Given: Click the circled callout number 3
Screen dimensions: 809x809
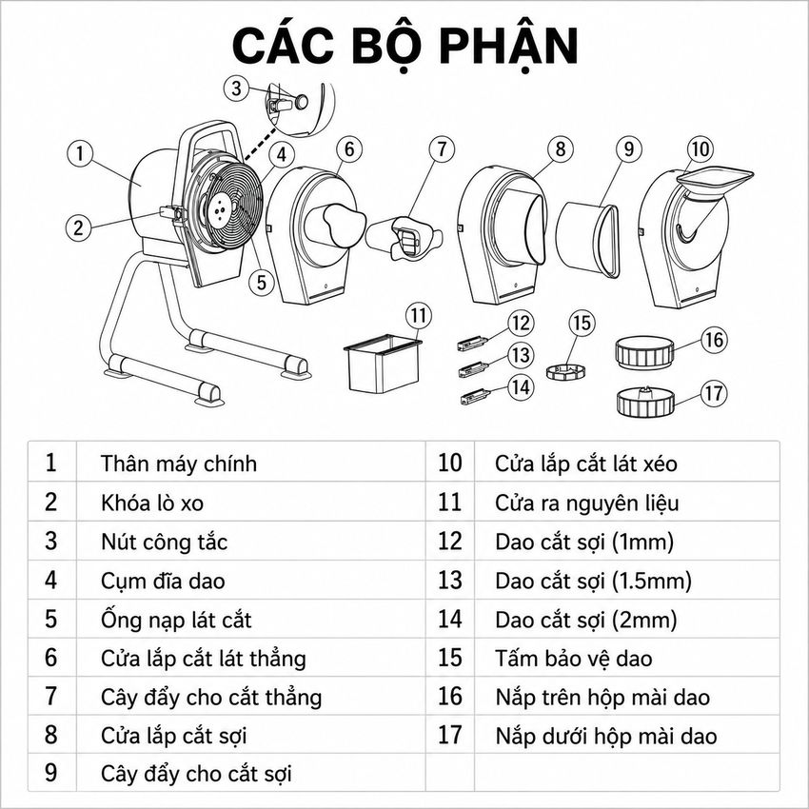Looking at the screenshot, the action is tap(236, 88).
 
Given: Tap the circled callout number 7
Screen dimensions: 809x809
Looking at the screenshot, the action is tap(442, 149).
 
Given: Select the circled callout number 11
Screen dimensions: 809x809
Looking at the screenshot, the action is tap(419, 315).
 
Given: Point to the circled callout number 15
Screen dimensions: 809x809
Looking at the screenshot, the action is tap(582, 323).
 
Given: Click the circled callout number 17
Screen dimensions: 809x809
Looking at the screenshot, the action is tap(714, 393).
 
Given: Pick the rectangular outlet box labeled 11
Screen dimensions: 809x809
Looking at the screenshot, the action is tap(383, 364).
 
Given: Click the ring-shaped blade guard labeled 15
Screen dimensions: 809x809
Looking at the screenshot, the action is tap(566, 371).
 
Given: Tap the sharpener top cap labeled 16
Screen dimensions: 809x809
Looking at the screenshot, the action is tap(644, 353).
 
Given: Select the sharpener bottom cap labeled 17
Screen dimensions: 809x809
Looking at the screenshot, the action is tap(645, 403).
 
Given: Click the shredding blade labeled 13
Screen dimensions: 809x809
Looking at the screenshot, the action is tap(474, 369).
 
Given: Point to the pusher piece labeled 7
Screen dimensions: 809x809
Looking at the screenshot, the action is tap(404, 238).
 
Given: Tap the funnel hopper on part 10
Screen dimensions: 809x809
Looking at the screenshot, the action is tap(715, 182).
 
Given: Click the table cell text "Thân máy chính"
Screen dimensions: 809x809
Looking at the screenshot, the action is tap(179, 464).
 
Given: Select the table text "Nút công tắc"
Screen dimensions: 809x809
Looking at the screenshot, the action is tap(164, 542).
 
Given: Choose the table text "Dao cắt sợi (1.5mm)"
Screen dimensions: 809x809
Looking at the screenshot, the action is tap(593, 581).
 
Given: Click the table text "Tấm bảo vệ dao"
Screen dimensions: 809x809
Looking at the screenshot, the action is tap(574, 659).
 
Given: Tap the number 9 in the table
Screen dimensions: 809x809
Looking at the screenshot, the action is tap(50, 774).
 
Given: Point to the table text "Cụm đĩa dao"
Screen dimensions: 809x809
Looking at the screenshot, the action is tap(163, 581).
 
